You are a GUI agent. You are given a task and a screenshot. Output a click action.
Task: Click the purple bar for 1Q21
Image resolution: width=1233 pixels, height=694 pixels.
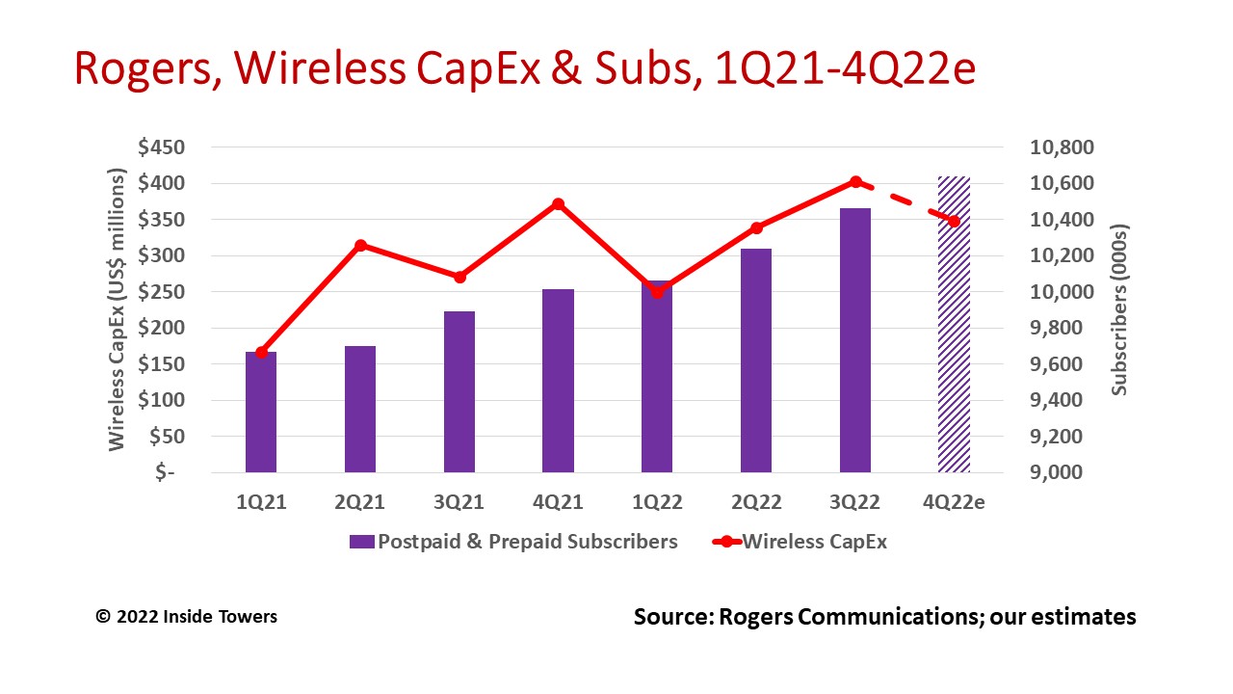261,413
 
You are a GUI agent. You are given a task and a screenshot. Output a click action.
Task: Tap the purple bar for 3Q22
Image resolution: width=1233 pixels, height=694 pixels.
855,340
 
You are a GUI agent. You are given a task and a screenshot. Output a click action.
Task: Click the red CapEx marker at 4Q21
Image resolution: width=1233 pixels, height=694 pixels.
558,204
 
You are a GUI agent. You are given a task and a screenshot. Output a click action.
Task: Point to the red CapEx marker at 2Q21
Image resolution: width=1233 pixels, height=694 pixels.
361,246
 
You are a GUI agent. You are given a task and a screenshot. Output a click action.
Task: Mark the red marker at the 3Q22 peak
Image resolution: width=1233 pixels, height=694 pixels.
855,182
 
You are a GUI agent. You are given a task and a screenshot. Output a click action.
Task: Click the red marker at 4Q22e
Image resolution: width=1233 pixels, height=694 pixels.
955,222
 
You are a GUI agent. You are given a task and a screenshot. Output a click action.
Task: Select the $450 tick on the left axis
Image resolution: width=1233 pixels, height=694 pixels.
162,147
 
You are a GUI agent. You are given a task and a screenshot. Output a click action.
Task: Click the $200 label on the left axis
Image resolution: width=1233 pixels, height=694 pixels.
162,328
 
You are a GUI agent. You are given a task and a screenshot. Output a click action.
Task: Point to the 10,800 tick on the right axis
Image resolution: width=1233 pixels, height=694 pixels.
1062,147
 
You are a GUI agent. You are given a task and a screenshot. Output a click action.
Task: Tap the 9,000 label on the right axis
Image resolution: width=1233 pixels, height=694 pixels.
1062,473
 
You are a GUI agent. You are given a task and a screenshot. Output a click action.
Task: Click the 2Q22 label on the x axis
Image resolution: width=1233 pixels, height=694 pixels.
756,502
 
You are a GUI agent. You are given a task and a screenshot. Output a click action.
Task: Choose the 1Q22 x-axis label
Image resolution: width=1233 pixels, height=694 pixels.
657,502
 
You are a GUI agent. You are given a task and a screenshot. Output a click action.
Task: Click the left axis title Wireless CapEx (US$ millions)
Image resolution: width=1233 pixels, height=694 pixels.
117,309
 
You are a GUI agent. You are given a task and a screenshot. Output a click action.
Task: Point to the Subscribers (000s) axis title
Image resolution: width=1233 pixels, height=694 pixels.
1118,309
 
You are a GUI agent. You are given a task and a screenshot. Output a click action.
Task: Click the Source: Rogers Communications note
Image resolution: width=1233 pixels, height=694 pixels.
884,616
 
